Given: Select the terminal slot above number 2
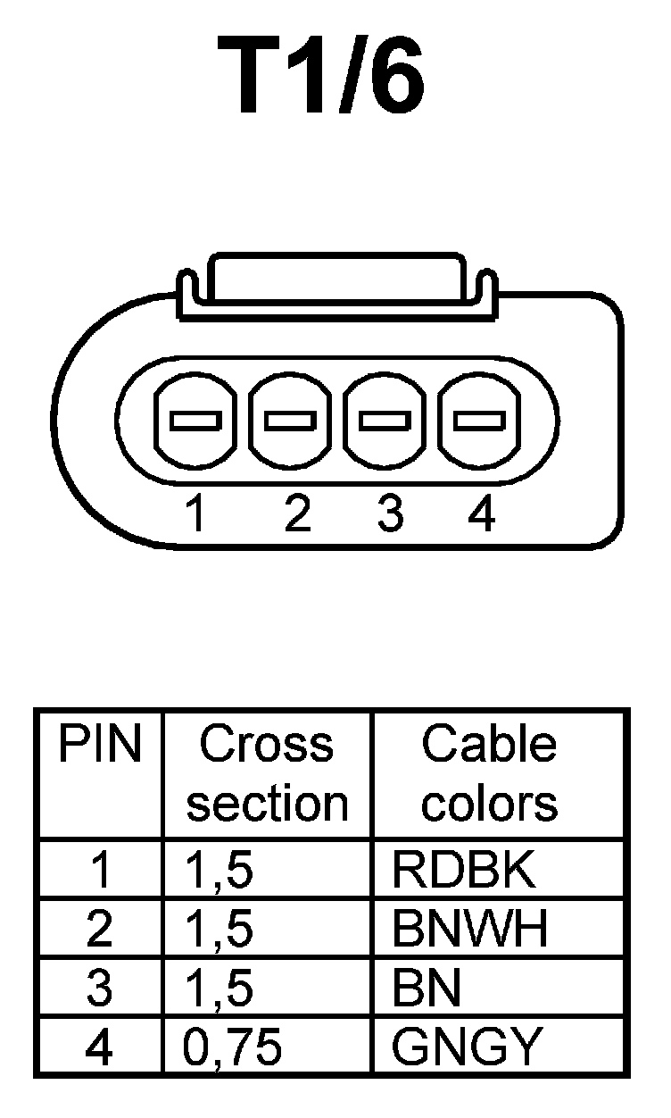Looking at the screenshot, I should [x=291, y=420].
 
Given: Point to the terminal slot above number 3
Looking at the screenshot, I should [x=385, y=420].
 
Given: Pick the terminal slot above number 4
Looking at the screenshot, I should [x=479, y=420].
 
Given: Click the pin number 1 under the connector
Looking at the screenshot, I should [x=195, y=515].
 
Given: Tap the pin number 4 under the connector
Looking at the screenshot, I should [x=481, y=515].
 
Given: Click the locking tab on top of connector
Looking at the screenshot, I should [x=335, y=284].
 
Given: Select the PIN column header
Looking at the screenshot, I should [x=100, y=745].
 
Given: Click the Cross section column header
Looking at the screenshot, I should [x=267, y=773].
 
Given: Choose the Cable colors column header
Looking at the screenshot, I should [x=489, y=773].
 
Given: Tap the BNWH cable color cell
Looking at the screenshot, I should [x=469, y=930].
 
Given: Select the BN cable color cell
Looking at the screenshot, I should [x=427, y=989].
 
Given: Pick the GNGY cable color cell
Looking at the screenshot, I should [x=467, y=1047].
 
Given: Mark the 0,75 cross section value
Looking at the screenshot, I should [x=233, y=1047].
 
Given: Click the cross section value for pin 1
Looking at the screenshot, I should [x=220, y=871].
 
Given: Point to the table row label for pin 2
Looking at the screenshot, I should [x=100, y=930].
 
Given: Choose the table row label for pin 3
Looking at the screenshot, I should [x=100, y=989].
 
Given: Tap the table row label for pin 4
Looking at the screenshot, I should [x=100, y=1047].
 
